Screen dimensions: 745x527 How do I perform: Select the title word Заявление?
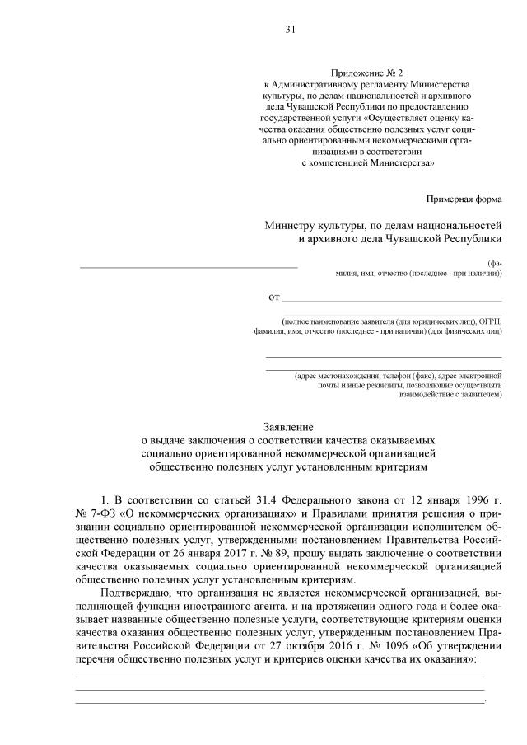(288, 428)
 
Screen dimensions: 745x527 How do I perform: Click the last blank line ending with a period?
(280, 700)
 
